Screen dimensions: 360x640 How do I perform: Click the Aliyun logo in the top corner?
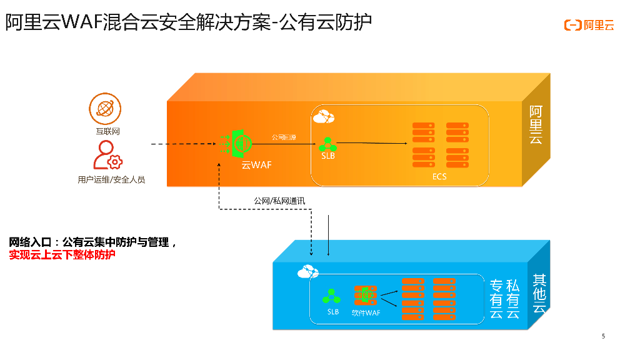click(x=589, y=25)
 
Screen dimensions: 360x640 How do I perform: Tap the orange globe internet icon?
click(x=105, y=109)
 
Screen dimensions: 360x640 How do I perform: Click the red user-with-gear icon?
click(x=107, y=156)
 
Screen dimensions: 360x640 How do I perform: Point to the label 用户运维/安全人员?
click(x=111, y=179)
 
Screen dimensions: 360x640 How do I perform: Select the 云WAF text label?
click(x=257, y=165)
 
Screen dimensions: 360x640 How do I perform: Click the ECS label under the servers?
click(x=439, y=177)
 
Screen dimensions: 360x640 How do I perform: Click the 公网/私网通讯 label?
click(x=279, y=201)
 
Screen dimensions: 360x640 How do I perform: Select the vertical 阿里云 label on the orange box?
click(x=536, y=126)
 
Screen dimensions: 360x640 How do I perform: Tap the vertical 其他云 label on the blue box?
click(x=539, y=292)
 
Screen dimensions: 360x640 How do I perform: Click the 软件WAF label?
click(x=366, y=312)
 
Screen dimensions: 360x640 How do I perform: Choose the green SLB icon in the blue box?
click(x=332, y=296)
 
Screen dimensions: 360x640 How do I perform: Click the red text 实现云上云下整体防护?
click(x=62, y=254)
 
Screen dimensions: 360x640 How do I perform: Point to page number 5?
click(x=603, y=336)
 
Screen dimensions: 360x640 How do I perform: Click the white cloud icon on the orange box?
click(x=324, y=116)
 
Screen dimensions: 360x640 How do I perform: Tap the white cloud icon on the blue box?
click(x=307, y=271)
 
